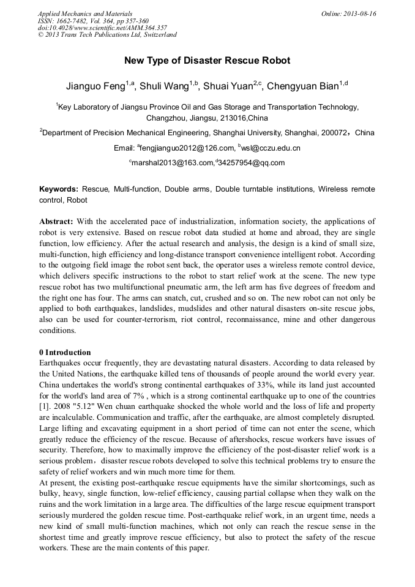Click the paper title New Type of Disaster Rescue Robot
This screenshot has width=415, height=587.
(x=207, y=61)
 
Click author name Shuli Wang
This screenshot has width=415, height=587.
(x=163, y=86)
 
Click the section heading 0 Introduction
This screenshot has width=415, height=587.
(x=65, y=353)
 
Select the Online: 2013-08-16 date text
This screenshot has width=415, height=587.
(x=348, y=13)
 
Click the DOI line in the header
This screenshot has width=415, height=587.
(x=102, y=28)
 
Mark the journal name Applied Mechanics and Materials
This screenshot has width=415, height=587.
(x=85, y=13)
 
